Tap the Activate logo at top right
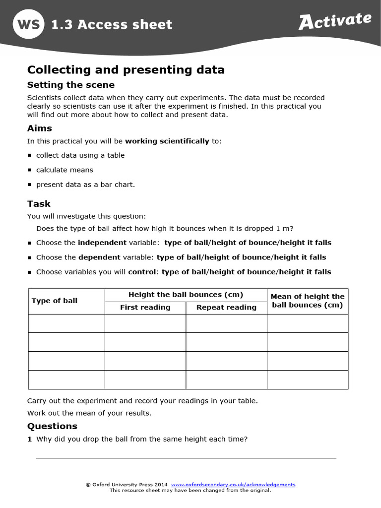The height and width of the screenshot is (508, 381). pyautogui.click(x=335, y=21)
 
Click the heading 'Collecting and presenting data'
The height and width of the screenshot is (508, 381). pyautogui.click(x=126, y=70)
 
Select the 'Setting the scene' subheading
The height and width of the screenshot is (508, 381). pyautogui.click(x=70, y=85)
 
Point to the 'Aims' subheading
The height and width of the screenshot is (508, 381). pyautogui.click(x=39, y=128)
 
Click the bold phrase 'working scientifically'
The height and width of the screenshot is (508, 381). pyautogui.click(x=167, y=141)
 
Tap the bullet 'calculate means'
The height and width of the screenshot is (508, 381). pyautogui.click(x=64, y=170)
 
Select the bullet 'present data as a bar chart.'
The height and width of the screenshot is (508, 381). pyautogui.click(x=85, y=185)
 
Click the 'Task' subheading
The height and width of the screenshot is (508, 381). pyautogui.click(x=39, y=204)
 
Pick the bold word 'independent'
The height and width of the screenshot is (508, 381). pyautogui.click(x=102, y=243)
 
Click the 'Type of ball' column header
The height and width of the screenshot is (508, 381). pyautogui.click(x=55, y=301)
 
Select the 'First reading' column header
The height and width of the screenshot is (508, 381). pyautogui.click(x=145, y=308)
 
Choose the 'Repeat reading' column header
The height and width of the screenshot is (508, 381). pyautogui.click(x=226, y=308)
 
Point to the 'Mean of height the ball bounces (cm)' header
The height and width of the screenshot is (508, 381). pyautogui.click(x=307, y=301)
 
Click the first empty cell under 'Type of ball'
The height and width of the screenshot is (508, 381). pyautogui.click(x=66, y=323)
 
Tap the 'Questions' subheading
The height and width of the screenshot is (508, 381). pyautogui.click(x=52, y=426)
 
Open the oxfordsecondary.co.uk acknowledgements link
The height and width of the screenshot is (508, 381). pyautogui.click(x=233, y=485)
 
